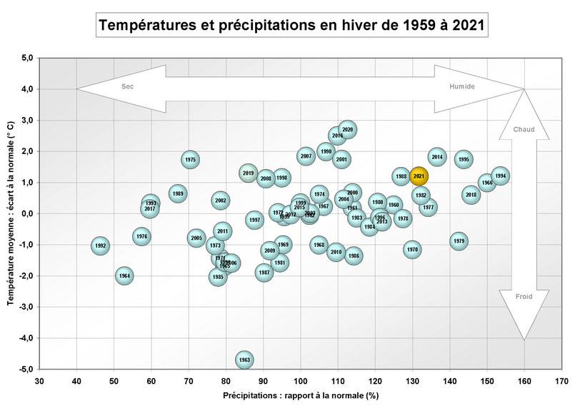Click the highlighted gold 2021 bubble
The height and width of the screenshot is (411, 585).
tap(419, 176)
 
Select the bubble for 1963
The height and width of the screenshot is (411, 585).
tap(244, 360)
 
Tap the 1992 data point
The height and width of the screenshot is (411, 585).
tap(101, 245)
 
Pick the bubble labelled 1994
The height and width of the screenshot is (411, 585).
tap(500, 176)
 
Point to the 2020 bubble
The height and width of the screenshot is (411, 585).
tap(348, 130)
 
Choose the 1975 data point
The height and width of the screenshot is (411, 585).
tap(190, 160)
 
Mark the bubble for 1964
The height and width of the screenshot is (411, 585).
tap(124, 275)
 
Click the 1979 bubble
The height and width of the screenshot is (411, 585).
tap(459, 241)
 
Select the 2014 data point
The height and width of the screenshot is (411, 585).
tap(437, 157)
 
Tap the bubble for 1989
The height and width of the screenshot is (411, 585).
tap(178, 193)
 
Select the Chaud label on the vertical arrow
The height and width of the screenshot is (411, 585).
tap(524, 130)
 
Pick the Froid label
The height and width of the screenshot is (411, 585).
tap(524, 295)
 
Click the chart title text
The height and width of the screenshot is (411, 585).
tap(293, 26)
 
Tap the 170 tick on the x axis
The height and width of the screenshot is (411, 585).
tap(562, 381)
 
